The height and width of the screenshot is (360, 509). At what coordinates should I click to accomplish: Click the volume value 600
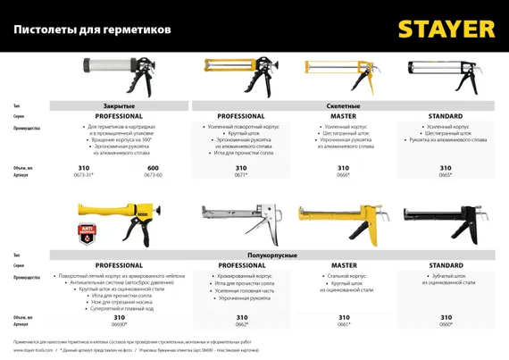pyautogui.click(x=153, y=168)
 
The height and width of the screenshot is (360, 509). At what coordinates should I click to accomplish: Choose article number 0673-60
pyautogui.click(x=153, y=175)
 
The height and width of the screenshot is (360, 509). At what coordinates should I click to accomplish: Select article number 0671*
pyautogui.click(x=240, y=175)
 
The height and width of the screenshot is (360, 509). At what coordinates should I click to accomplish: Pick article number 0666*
pyautogui.click(x=343, y=175)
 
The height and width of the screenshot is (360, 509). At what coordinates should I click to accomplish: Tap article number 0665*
pyautogui.click(x=445, y=175)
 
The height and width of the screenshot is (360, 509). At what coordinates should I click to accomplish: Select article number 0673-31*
pyautogui.click(x=87, y=175)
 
